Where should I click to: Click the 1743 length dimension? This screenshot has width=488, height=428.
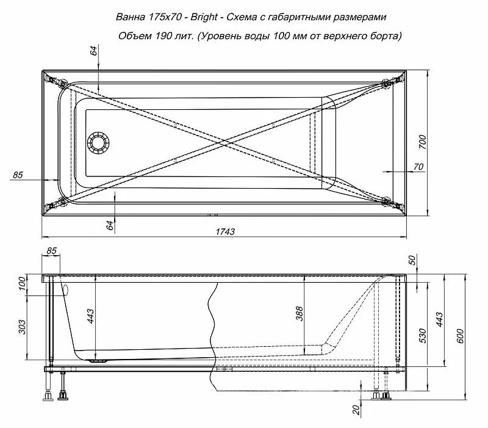pyautogui.click(x=225, y=232)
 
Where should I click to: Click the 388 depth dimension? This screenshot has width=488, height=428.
pyautogui.click(x=299, y=314)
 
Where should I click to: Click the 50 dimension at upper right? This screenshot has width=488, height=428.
pyautogui.click(x=412, y=260)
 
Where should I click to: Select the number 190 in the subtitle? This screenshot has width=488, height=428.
pyautogui.click(x=156, y=36)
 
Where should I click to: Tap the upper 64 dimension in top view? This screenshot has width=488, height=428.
pyautogui.click(x=94, y=51)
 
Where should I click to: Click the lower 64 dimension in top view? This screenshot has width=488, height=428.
pyautogui.click(x=110, y=225)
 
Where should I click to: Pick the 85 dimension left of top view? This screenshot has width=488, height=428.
pyautogui.click(x=17, y=175)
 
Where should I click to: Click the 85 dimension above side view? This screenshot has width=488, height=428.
pyautogui.click(x=51, y=250)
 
